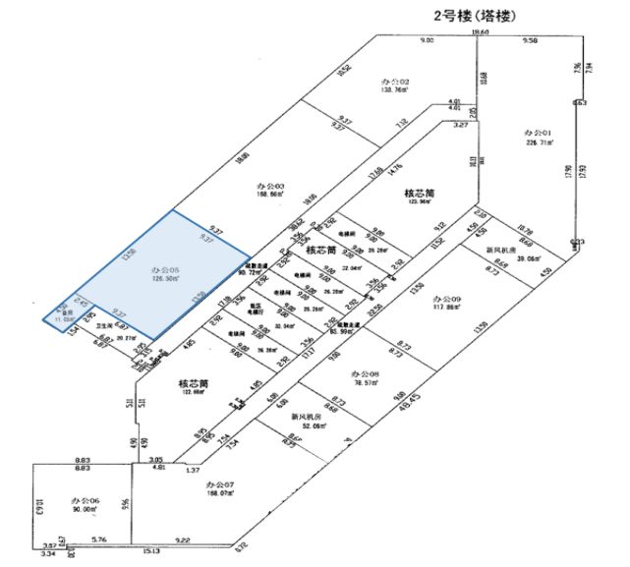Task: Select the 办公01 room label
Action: [538, 131]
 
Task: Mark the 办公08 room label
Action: [364, 374]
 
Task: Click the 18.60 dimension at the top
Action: [480, 33]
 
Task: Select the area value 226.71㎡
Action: [538, 142]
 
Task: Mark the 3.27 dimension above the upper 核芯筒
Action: [459, 126]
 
